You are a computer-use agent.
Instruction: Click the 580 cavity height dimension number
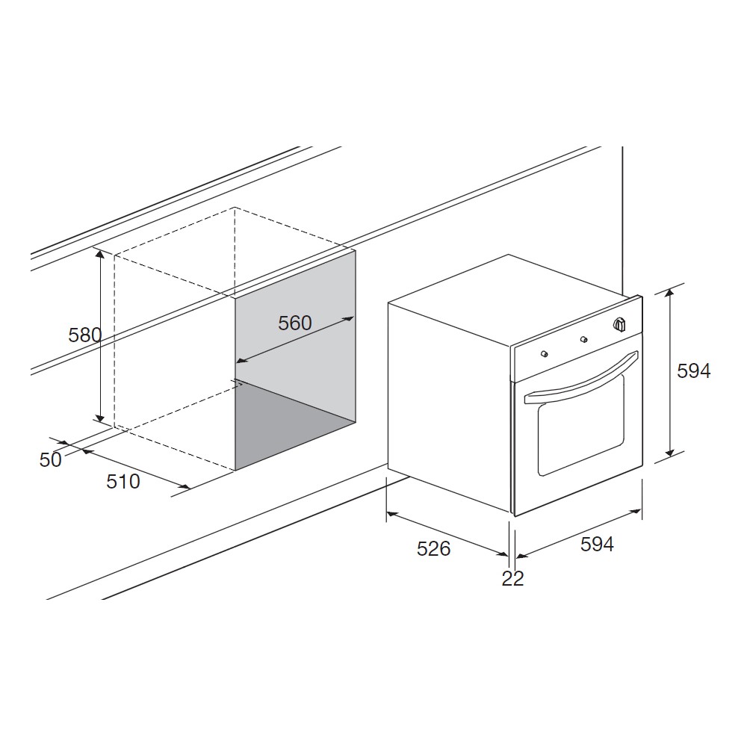coord(85,335)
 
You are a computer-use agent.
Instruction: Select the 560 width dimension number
coord(295,323)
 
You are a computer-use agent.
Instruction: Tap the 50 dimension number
coord(51,459)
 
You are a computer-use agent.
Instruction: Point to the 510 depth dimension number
coord(123,481)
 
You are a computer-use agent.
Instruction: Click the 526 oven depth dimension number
coord(433,549)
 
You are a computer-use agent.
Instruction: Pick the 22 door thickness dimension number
coord(512,578)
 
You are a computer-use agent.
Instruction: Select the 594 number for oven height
coord(694,371)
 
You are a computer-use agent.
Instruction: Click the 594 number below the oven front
coord(597,544)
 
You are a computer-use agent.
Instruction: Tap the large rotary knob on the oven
coord(619,324)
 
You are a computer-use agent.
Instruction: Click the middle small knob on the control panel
coord(583,339)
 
